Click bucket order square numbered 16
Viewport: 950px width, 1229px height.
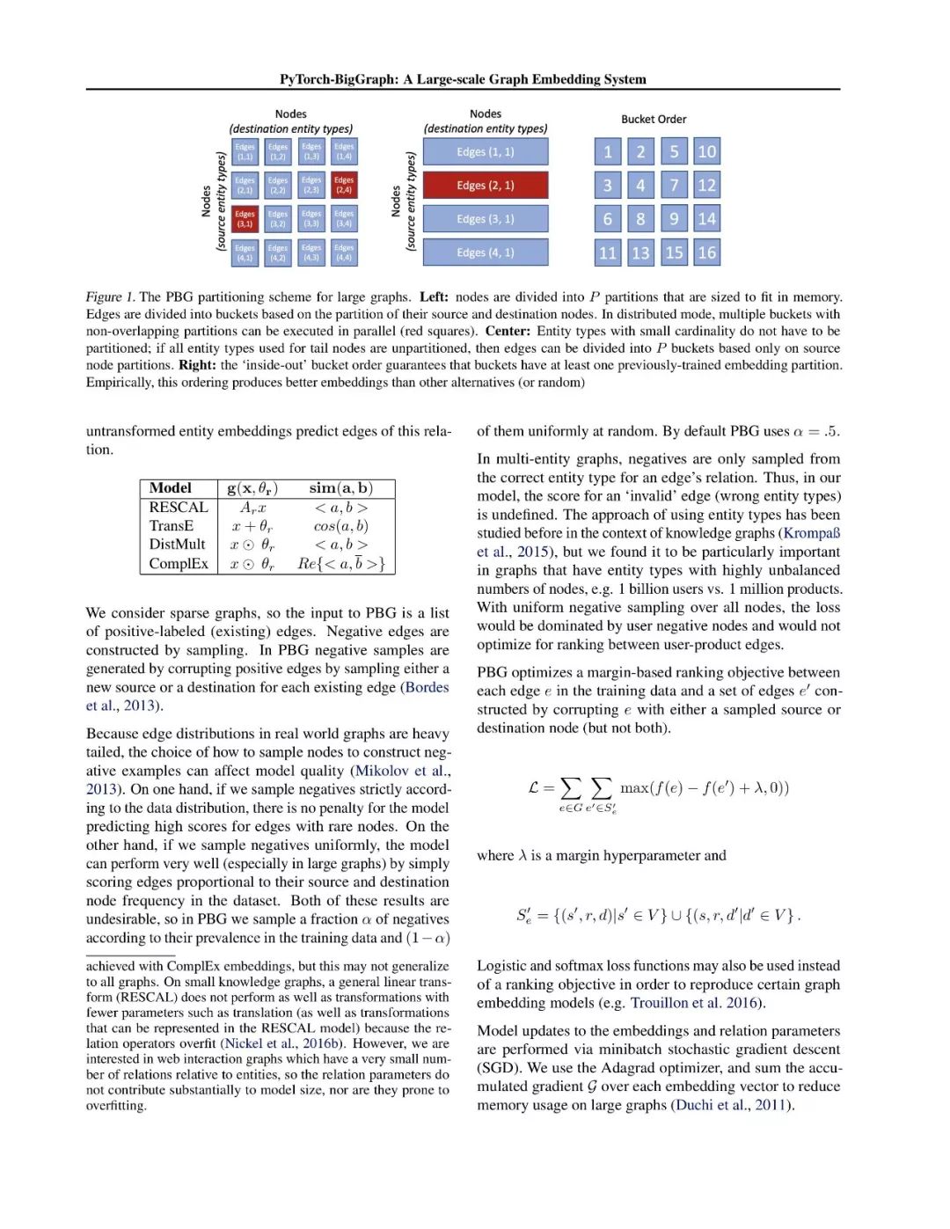point(706,252)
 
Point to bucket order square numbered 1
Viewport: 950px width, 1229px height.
point(607,151)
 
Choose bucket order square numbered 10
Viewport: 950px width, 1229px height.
point(706,151)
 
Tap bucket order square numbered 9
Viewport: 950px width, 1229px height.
point(674,219)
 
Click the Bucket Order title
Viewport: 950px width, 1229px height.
point(654,120)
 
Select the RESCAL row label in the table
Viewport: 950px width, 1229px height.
point(179,508)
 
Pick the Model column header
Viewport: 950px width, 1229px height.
point(171,488)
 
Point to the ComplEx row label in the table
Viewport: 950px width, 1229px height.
point(179,564)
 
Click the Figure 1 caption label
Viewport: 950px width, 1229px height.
point(110,297)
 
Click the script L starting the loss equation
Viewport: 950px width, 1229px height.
point(534,787)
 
